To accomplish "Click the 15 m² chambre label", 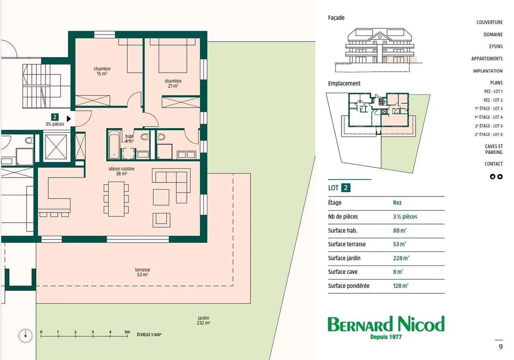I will [102, 71].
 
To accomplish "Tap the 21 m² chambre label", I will [173, 83].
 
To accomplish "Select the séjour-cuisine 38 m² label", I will [121, 171].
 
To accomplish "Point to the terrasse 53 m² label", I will [142, 272].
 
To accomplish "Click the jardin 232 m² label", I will [203, 320].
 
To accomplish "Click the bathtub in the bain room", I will [114, 144].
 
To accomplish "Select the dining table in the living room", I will [116, 199].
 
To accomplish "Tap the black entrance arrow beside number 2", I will [69, 118].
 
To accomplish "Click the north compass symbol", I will [25, 336].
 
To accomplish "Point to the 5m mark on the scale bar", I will [127, 333].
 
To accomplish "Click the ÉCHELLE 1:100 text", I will [149, 335].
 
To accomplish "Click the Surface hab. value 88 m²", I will [399, 230].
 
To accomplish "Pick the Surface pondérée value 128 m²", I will [400, 286].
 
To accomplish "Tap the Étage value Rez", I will [397, 203].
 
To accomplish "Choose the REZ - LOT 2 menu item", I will [493, 100].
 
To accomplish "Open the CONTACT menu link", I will [493, 164].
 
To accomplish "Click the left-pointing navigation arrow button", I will [493, 177].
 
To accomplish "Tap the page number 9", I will [500, 346].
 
